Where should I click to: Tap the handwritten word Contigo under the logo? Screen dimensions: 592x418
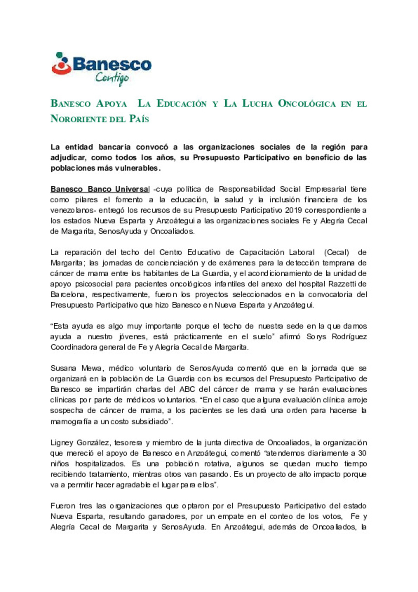[112, 78]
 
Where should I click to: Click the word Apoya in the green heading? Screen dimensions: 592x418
[111, 104]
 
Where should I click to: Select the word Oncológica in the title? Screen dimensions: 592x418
[307, 104]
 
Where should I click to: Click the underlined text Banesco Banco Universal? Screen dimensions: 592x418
[100, 189]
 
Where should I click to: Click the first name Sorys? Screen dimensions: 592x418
[316, 337]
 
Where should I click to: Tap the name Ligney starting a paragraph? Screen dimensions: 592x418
[62, 443]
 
